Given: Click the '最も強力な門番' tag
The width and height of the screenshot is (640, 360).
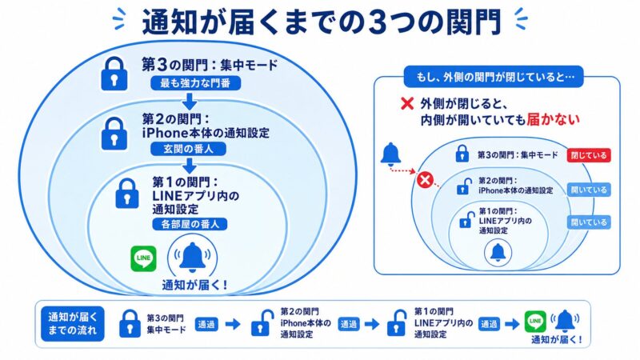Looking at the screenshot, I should pos(190,84).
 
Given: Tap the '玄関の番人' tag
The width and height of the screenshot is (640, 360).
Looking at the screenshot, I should pos(190,149).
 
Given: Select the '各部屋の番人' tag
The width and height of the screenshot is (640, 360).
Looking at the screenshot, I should pos(190,224).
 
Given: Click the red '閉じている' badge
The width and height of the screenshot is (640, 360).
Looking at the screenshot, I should pos(589,156).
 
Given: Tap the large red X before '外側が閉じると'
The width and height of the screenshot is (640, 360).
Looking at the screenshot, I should pos(406,104).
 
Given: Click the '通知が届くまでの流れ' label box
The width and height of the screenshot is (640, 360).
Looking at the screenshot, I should pos(71,322).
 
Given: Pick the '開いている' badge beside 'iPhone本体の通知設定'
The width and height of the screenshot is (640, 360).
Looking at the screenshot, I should pos(589,190).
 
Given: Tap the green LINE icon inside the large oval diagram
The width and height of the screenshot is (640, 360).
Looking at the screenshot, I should pos(142,258).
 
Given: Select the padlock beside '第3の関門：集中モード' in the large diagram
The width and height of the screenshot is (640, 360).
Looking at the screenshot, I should pos(114,74).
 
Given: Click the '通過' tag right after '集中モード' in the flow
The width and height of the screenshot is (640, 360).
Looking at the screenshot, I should pos(206,323).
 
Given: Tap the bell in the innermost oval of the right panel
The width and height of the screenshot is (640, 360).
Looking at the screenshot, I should pos(498,252).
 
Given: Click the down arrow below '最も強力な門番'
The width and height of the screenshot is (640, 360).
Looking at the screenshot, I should pos(190,102).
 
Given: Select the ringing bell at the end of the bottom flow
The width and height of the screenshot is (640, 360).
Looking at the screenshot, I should pos(566,320).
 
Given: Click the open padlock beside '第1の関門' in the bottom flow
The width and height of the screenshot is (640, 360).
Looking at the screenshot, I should pos(395,323).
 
